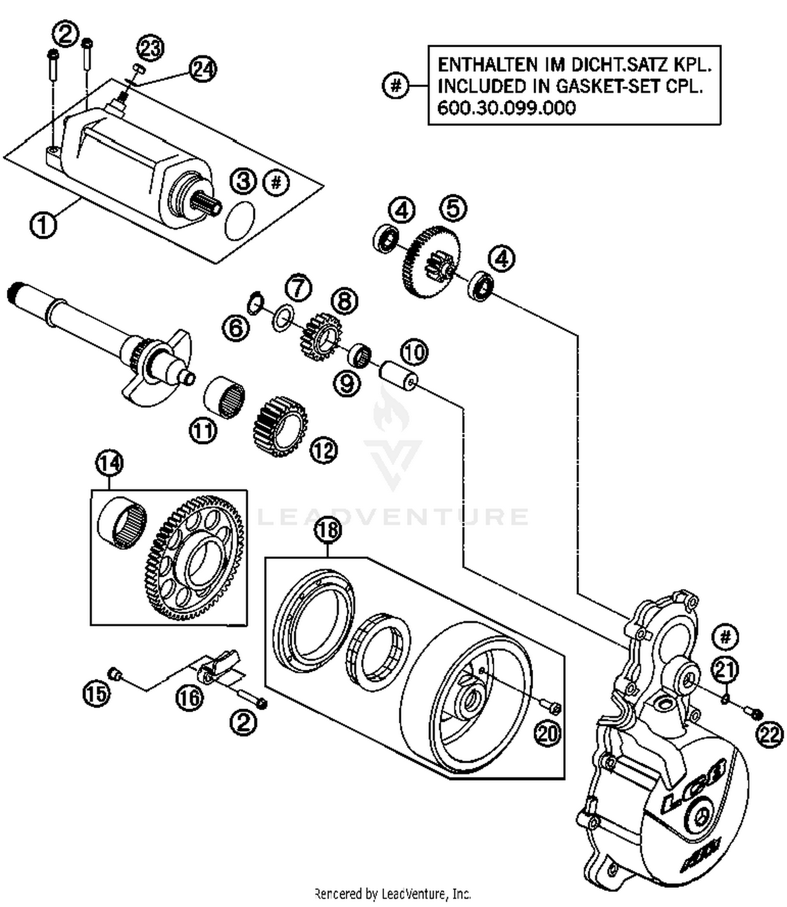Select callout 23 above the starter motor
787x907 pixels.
[x=151, y=48]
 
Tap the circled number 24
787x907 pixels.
[x=203, y=69]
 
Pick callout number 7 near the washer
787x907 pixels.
[x=299, y=288]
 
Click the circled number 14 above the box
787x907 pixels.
[x=109, y=463]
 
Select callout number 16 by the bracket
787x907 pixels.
[x=189, y=698]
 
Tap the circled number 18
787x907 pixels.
[x=327, y=530]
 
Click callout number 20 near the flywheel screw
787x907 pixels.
[x=547, y=733]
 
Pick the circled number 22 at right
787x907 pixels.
[x=770, y=735]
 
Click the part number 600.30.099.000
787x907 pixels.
[x=506, y=108]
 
